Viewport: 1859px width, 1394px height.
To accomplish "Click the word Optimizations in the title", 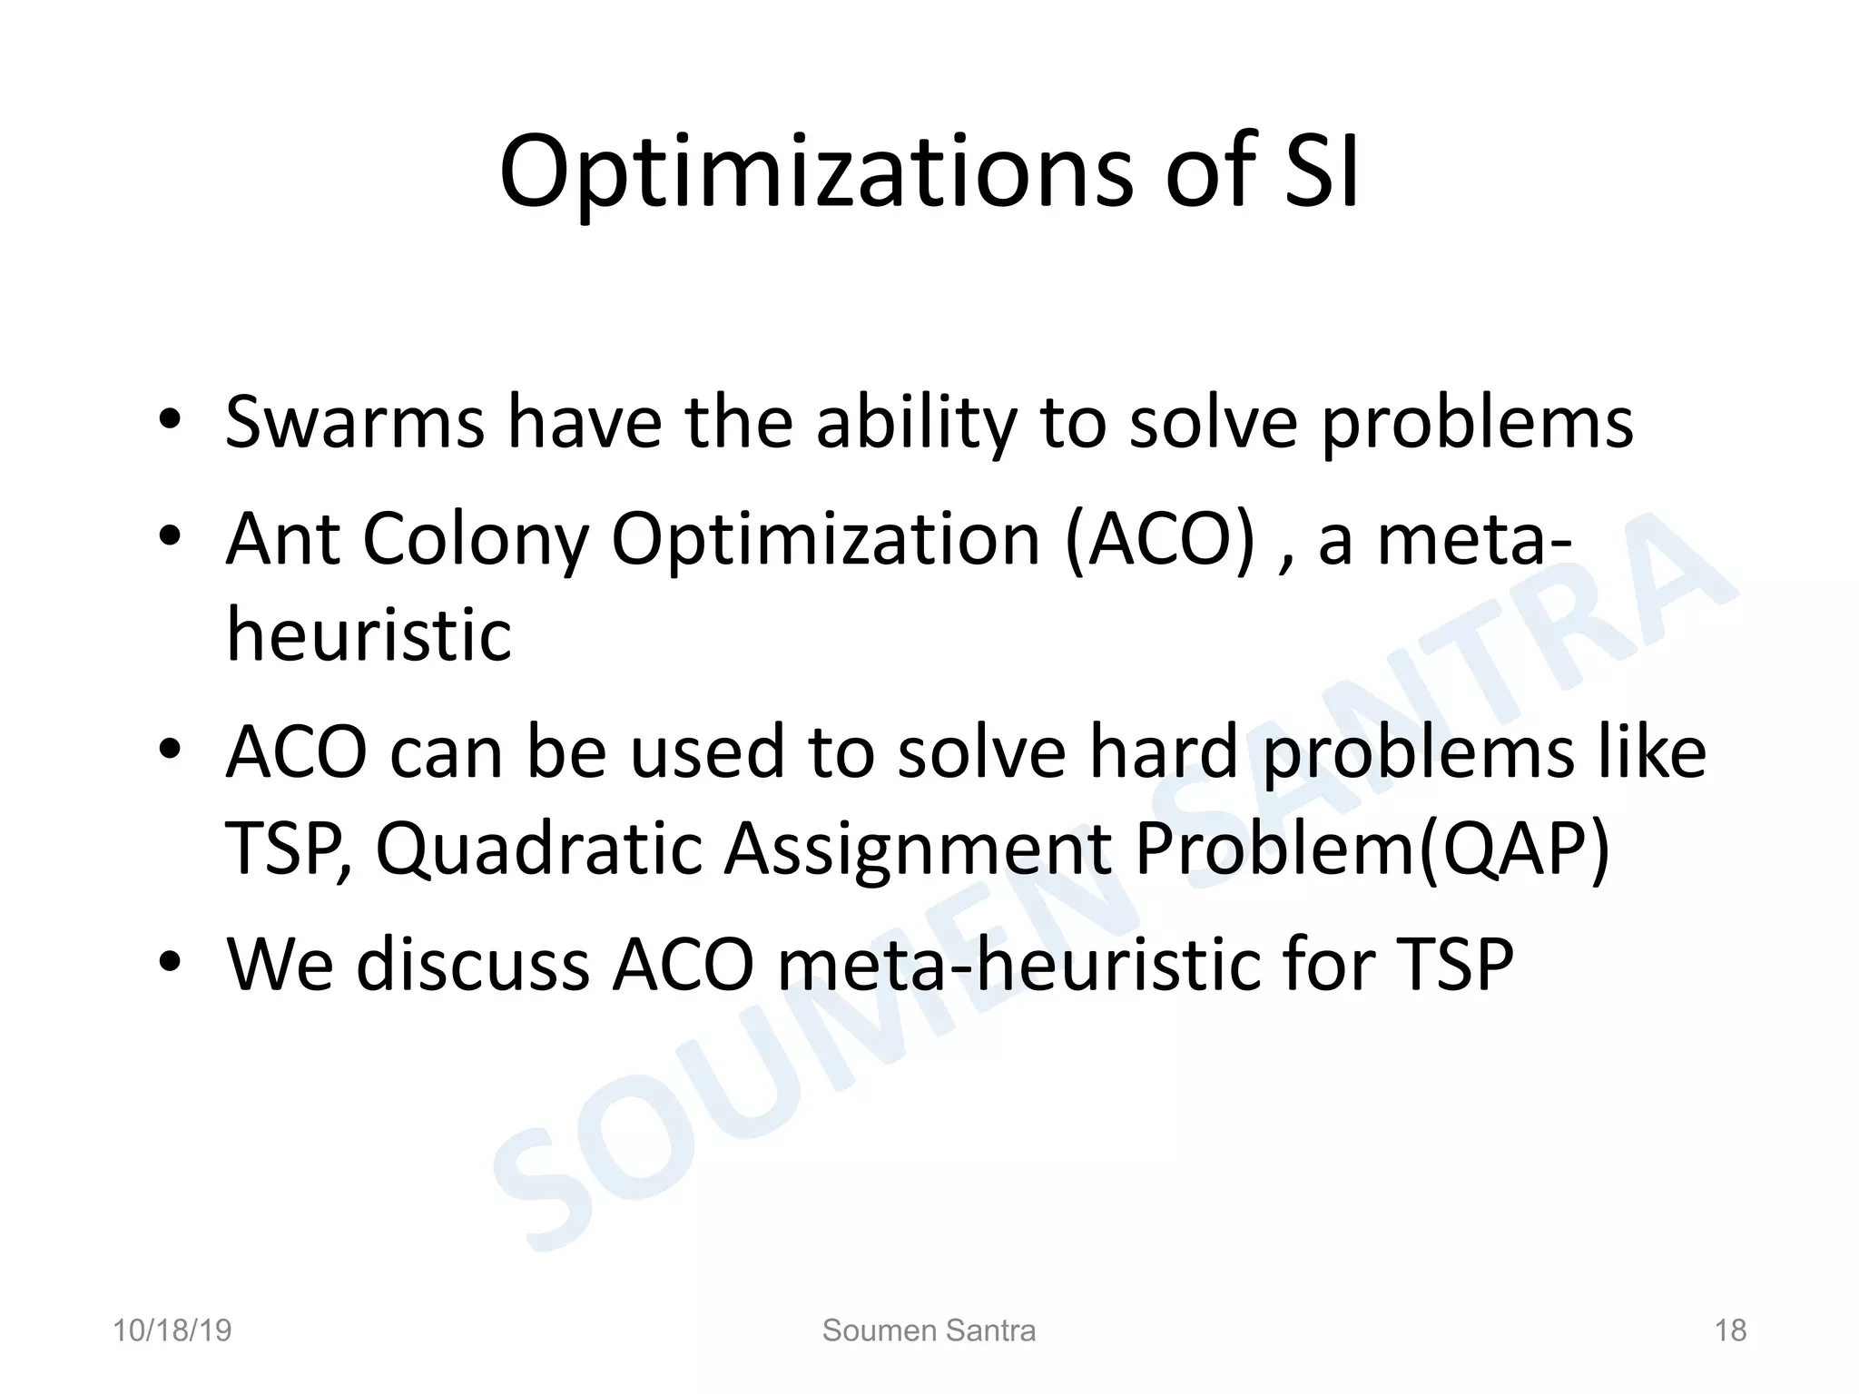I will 815,172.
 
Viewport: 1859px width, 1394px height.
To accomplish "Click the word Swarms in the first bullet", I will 354,422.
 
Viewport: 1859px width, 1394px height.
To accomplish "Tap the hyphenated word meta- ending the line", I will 1475,541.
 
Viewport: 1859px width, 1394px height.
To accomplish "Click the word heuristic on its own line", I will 369,634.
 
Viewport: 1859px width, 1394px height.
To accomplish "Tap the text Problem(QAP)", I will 1372,849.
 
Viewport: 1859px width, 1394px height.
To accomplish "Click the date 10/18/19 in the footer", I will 172,1330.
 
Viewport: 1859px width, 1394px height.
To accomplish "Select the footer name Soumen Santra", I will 929,1330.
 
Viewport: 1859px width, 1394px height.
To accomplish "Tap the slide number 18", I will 1730,1330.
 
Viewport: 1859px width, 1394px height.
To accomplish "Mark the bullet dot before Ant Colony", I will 171,538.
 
